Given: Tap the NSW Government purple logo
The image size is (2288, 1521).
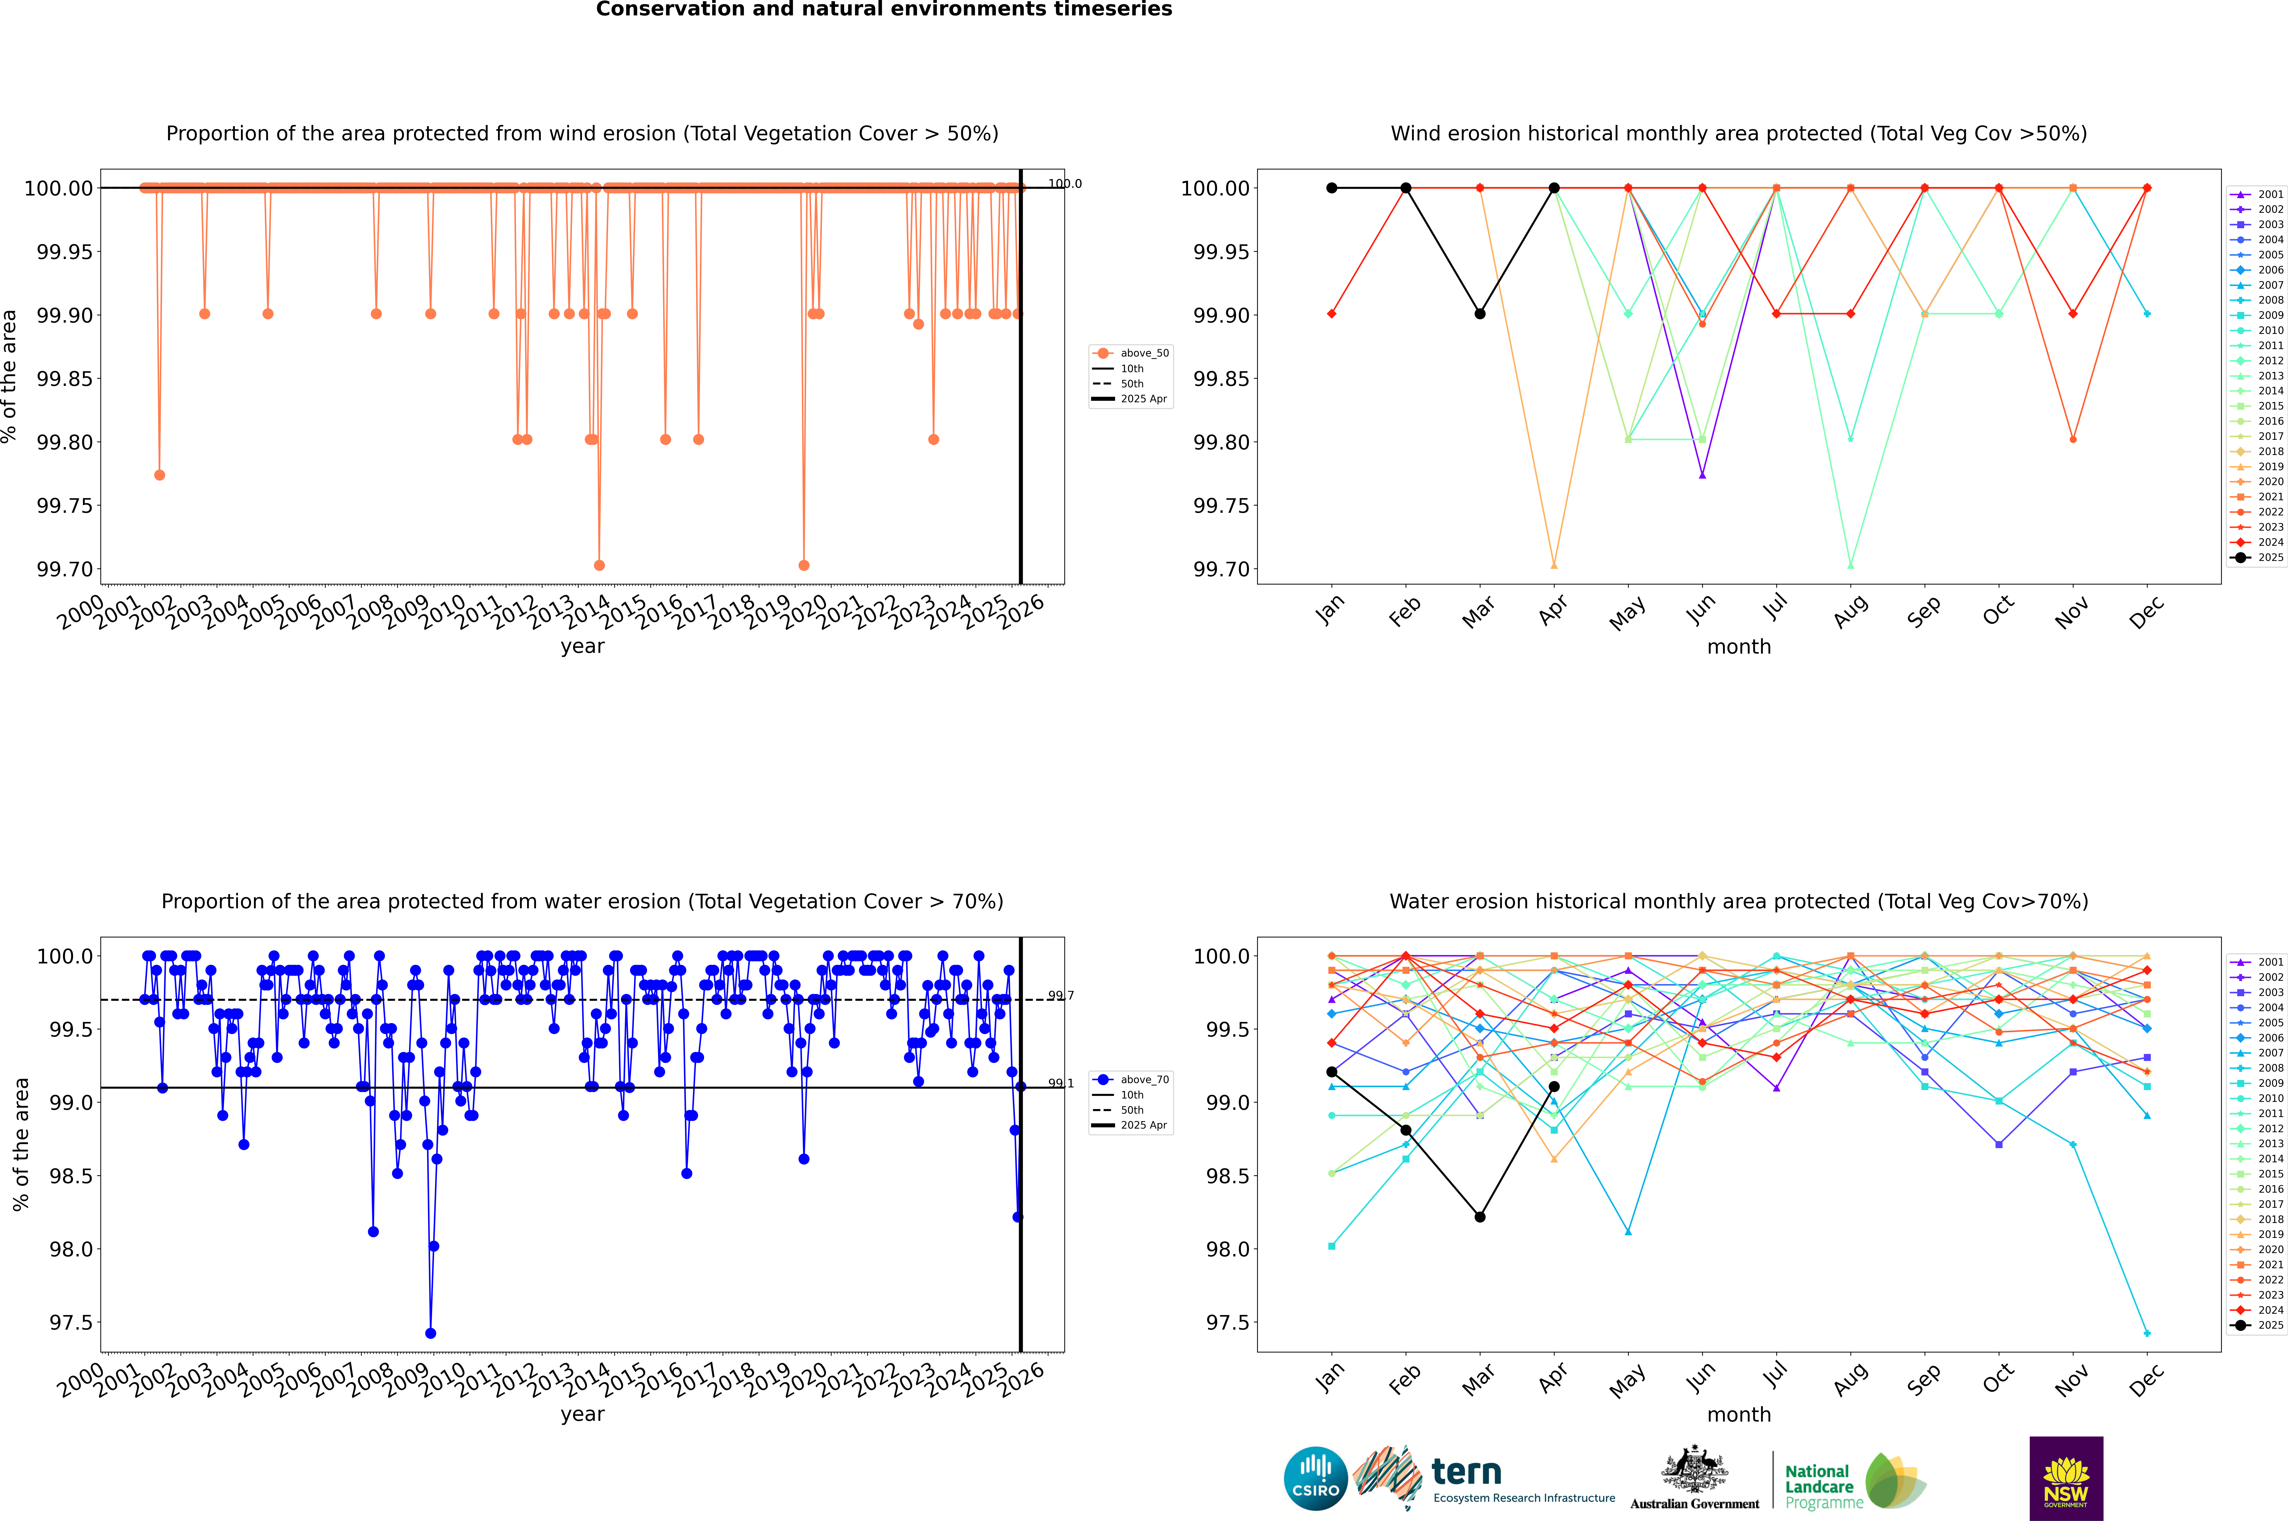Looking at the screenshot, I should point(2066,1478).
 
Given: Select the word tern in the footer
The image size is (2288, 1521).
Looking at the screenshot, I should point(1467,1473).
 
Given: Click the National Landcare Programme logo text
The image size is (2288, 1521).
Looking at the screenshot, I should point(1820,1486).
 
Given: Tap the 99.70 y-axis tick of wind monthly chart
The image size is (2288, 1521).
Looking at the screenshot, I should point(1220,569).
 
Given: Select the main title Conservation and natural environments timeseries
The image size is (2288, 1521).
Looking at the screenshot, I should point(884,10).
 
